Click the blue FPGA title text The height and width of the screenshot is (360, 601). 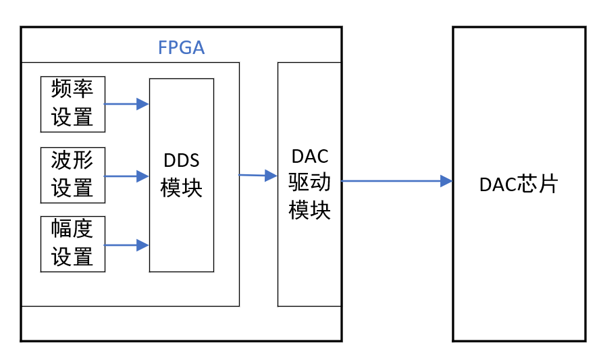pyautogui.click(x=181, y=48)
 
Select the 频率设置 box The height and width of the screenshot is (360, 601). pyautogui.click(x=73, y=104)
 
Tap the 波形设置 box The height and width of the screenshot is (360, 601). pyautogui.click(x=73, y=174)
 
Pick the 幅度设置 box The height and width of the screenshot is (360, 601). pyautogui.click(x=73, y=244)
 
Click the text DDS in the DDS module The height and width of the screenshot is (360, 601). pyautogui.click(x=182, y=162)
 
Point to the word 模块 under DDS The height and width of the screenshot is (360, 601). pyautogui.click(x=182, y=187)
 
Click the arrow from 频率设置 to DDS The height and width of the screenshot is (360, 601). pyautogui.click(x=126, y=104)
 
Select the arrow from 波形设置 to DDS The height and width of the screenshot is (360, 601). pyautogui.click(x=126, y=176)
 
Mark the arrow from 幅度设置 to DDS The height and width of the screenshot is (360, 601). pyautogui.click(x=126, y=245)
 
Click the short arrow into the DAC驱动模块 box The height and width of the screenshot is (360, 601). pyautogui.click(x=258, y=176)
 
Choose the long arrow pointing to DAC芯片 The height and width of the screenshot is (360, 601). pyautogui.click(x=396, y=181)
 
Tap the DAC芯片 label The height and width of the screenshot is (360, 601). pyautogui.click(x=519, y=184)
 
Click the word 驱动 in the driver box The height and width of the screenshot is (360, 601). pyautogui.click(x=310, y=182)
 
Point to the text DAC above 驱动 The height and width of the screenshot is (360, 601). pyautogui.click(x=310, y=157)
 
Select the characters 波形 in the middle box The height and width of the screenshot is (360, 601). pyautogui.click(x=72, y=161)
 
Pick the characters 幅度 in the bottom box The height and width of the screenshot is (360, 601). pyautogui.click(x=72, y=230)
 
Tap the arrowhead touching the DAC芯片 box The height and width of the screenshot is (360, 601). pyautogui.click(x=446, y=181)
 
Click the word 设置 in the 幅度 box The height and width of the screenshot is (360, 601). pyautogui.click(x=72, y=257)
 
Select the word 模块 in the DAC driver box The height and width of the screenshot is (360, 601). pyautogui.click(x=310, y=209)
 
